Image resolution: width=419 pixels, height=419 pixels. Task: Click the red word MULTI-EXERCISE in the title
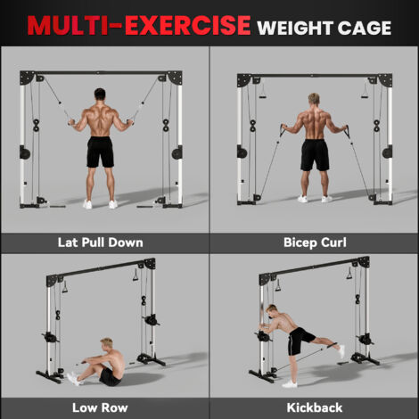(139, 25)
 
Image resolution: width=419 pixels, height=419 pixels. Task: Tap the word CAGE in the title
(364, 28)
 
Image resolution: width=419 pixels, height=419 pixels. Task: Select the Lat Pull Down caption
(101, 242)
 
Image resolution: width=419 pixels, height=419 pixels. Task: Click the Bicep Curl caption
(315, 242)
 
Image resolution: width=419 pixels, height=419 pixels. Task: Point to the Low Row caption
(100, 407)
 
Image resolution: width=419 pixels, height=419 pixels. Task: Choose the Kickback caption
(315, 407)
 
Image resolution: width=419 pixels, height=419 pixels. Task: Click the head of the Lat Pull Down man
(100, 94)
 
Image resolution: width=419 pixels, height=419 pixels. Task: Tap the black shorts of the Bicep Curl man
(315, 155)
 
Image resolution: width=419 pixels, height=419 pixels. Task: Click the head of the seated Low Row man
(107, 343)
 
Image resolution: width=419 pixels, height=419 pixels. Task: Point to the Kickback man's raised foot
(341, 351)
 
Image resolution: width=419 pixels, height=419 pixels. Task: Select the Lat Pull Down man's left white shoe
(87, 204)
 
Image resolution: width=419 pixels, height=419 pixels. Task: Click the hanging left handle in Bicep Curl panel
(263, 91)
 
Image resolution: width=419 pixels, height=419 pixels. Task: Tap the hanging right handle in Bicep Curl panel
(365, 91)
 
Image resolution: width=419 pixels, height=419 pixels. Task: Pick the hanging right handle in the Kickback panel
(349, 273)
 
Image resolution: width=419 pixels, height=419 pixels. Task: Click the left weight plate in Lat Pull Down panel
(25, 152)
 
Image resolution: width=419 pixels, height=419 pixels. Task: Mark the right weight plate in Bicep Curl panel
(387, 152)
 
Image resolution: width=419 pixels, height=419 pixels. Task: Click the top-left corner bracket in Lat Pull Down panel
(27, 78)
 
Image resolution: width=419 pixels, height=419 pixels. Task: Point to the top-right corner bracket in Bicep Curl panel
(385, 80)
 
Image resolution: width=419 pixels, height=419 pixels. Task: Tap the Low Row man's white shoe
(72, 379)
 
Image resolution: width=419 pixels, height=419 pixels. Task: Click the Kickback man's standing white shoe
(290, 384)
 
